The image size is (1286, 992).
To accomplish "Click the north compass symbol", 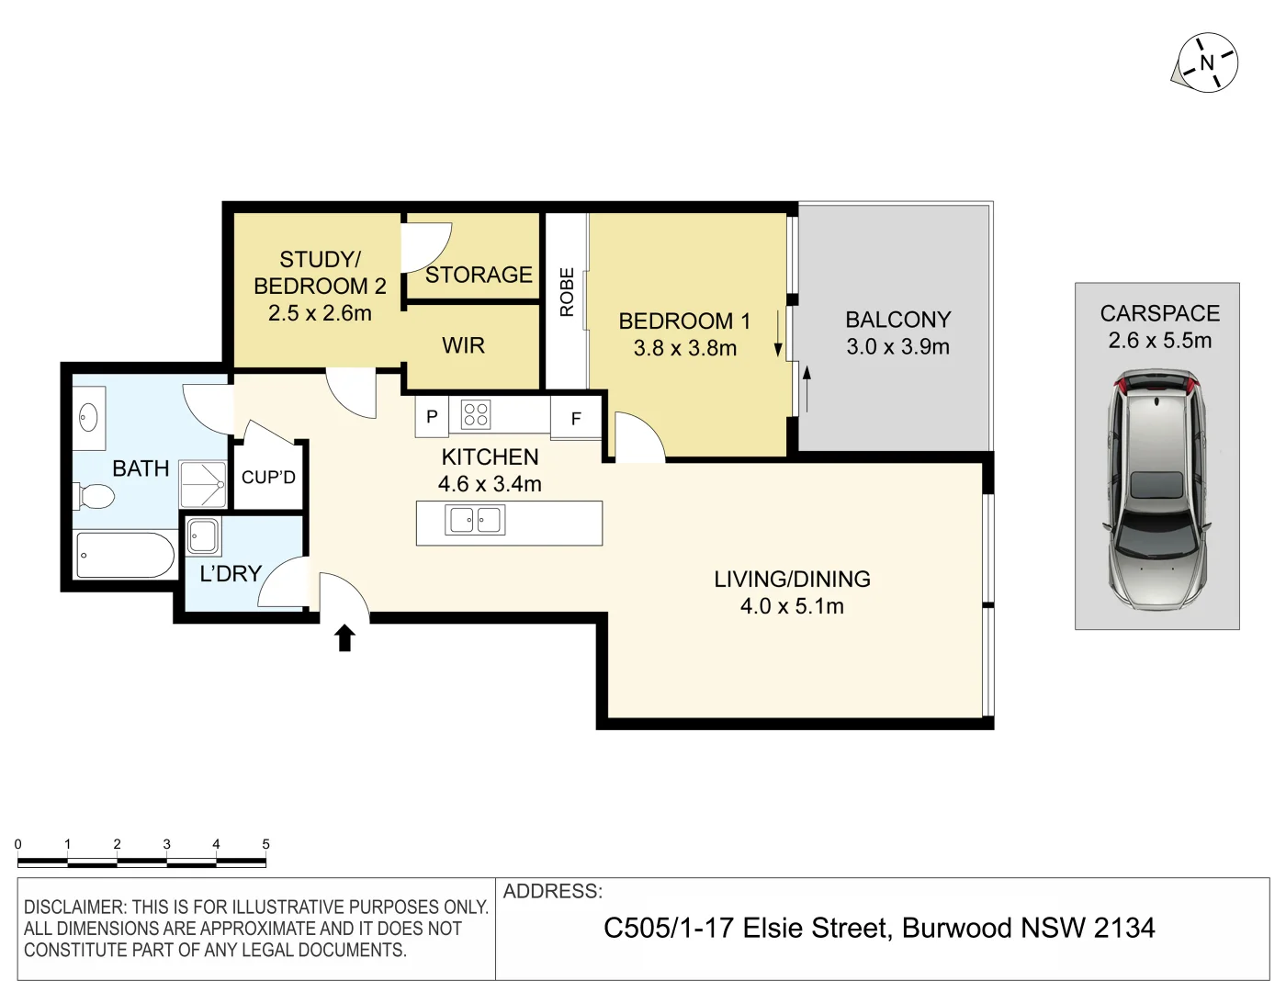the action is coord(1207,62).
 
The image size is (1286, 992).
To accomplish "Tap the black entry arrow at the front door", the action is coord(344,637).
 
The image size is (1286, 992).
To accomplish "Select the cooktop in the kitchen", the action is coord(475,414).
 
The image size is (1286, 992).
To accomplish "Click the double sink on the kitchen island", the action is coord(475,520).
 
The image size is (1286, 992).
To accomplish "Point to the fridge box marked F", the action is coord(576,418).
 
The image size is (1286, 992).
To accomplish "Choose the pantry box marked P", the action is coord(432,416).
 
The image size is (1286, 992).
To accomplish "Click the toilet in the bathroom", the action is coord(95,497).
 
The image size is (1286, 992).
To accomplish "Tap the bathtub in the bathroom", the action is coord(125,555).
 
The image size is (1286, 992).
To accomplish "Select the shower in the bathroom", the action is coord(203,484).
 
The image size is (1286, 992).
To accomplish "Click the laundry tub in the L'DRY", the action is coord(203,535).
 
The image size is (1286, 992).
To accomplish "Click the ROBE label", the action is coord(567,292).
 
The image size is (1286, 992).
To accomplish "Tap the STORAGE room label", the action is coord(479,275).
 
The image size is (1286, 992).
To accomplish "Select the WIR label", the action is coord(463,345).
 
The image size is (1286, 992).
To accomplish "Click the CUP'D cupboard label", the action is coord(268,478).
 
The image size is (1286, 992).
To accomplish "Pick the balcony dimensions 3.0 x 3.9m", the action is coord(897,347).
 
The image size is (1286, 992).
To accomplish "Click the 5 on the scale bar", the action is coord(265,844).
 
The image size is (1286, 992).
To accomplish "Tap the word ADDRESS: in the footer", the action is coord(552,891).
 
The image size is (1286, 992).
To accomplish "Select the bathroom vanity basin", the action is coord(88,419).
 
